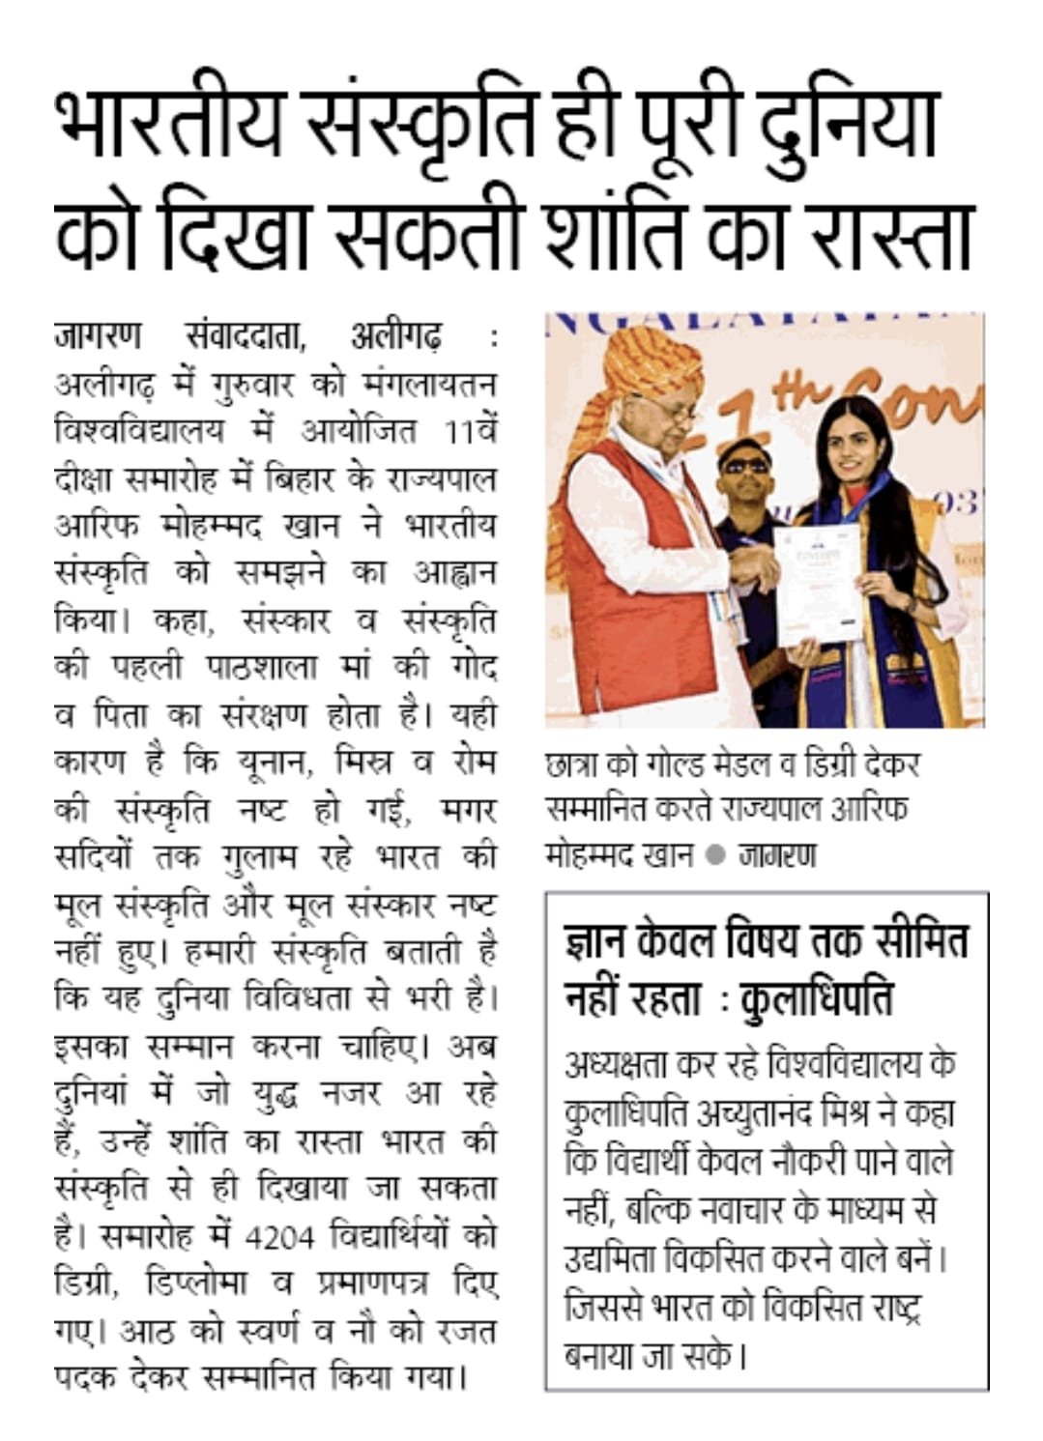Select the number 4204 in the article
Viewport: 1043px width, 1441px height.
pyautogui.click(x=279, y=1237)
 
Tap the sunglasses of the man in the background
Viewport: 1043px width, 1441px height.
pyautogui.click(x=745, y=465)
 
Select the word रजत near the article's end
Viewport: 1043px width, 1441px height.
pyautogui.click(x=466, y=1332)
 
